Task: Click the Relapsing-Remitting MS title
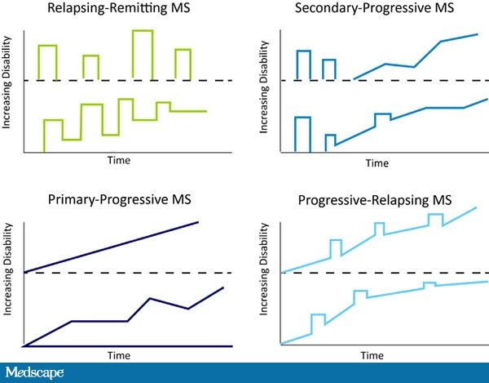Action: pos(118,9)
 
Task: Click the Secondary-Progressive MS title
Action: pos(377,9)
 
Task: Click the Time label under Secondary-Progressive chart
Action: pos(377,163)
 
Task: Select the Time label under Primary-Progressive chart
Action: pos(119,355)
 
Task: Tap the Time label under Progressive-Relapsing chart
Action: pos(372,356)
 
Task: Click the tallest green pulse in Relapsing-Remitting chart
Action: pos(142,31)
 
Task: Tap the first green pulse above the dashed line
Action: pos(47,46)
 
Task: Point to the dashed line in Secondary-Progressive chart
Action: pos(383,80)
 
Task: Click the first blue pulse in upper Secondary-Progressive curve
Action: pos(303,52)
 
